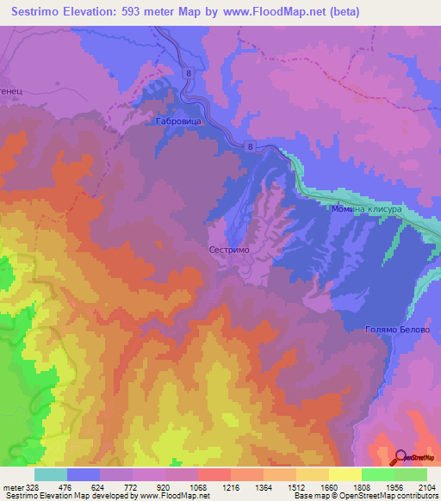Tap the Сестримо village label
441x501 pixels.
pyautogui.click(x=230, y=248)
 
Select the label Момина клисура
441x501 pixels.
pyautogui.click(x=366, y=209)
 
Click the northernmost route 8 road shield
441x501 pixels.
pyautogui.click(x=188, y=75)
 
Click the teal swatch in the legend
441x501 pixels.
pyautogui.click(x=50, y=474)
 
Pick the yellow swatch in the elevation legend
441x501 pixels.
pyautogui.click(x=345, y=474)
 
